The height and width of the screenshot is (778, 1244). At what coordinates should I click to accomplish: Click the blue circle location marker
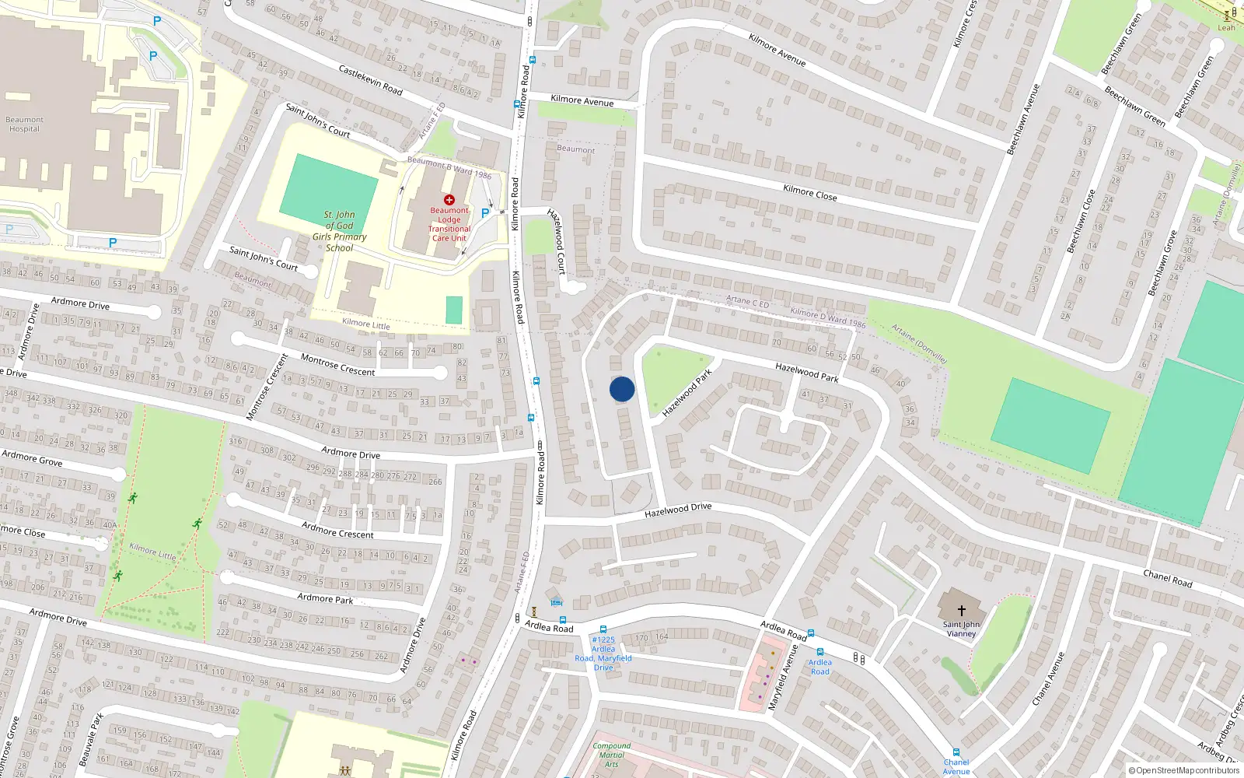622,389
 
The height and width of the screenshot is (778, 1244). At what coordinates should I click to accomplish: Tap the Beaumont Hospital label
24,124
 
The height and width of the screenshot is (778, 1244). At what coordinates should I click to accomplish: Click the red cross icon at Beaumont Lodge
449,200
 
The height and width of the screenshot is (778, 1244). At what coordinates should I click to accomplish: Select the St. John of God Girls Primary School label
339,231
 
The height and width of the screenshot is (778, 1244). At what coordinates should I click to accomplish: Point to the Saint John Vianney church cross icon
961,611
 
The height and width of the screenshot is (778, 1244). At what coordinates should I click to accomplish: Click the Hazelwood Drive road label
678,510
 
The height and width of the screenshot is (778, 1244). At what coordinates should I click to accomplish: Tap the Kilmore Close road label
810,193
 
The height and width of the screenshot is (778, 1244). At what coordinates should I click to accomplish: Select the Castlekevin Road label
371,80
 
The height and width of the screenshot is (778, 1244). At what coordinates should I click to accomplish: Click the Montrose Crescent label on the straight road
337,365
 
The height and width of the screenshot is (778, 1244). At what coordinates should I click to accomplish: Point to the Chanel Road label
1167,578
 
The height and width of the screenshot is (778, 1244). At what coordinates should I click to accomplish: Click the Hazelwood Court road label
557,241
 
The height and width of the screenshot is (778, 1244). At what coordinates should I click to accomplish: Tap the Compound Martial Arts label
612,755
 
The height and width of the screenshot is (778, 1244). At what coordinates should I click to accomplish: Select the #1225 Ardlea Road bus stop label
603,654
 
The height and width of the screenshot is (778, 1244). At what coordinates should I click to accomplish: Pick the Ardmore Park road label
325,598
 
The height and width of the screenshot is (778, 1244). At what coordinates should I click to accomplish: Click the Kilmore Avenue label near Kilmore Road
582,100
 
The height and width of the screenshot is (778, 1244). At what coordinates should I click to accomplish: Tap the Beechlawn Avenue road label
1023,120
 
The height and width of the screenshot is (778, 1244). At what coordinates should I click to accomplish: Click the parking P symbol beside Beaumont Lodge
485,213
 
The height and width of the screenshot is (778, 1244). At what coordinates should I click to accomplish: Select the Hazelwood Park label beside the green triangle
687,393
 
